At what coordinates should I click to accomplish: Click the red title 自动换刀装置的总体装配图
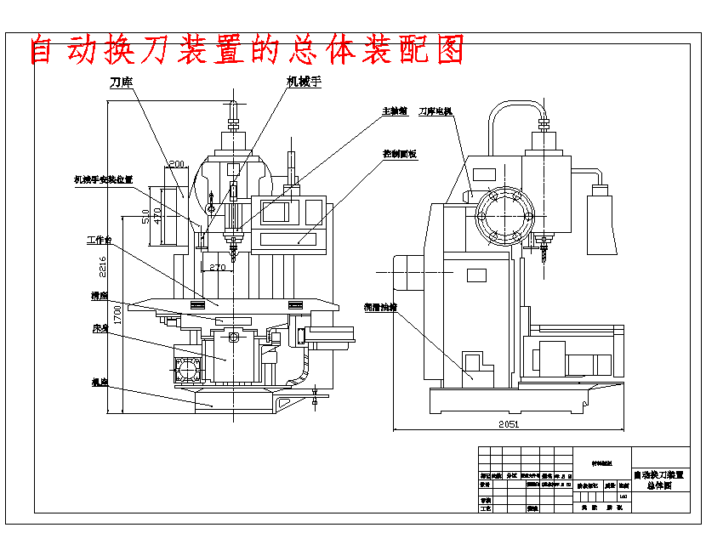248,50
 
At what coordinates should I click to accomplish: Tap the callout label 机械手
303,82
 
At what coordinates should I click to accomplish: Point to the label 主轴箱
394,111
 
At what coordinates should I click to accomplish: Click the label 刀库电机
435,111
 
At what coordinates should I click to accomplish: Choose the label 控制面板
399,155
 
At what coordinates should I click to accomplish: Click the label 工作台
100,241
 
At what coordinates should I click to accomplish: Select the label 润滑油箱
380,307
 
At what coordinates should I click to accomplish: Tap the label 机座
100,382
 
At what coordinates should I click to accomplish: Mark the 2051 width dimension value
509,423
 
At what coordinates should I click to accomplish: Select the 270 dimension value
218,267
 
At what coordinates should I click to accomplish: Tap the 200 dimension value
177,164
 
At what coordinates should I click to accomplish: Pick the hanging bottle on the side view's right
601,221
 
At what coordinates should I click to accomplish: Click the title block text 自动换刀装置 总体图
660,480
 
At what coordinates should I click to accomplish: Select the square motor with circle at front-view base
186,368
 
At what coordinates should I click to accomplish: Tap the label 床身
100,328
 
